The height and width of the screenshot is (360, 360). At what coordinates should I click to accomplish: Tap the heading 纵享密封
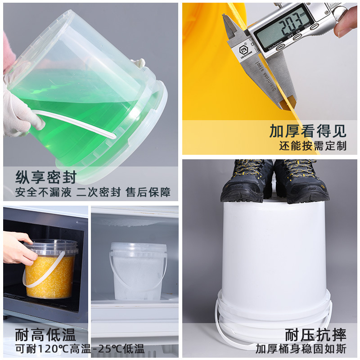click(46, 177)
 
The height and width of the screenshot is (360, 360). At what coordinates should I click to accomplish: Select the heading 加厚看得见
click(308, 131)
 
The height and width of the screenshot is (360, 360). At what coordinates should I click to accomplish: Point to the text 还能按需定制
click(313, 145)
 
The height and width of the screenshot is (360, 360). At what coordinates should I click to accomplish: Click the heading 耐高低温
click(45, 335)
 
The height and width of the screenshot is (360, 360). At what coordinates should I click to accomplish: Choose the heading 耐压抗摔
click(315, 335)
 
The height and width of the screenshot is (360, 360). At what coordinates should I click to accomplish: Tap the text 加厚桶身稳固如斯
click(301, 349)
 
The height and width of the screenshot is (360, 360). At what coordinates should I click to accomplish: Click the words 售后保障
click(148, 192)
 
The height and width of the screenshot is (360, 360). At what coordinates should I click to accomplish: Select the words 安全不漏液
click(43, 192)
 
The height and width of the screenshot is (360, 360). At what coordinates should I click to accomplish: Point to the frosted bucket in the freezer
click(138, 271)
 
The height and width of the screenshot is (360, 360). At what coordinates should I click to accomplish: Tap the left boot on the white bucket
click(247, 181)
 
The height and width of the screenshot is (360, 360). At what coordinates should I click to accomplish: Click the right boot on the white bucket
click(301, 181)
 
